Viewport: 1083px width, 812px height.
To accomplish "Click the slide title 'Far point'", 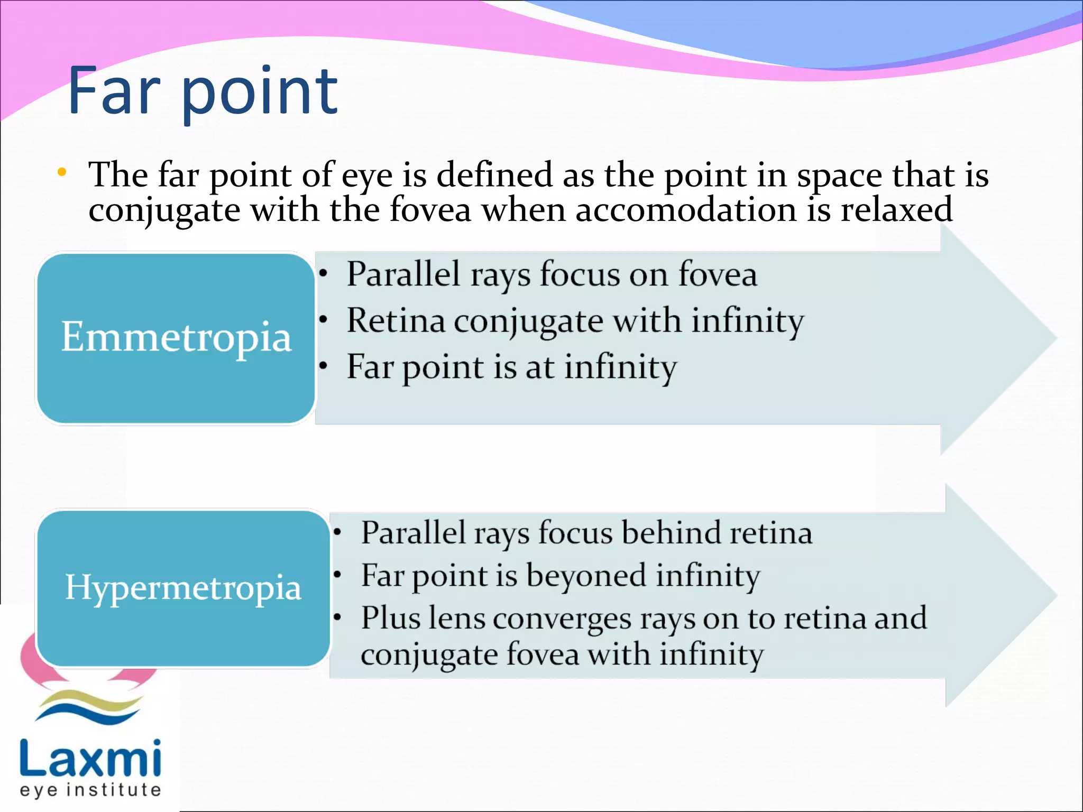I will tap(203, 91).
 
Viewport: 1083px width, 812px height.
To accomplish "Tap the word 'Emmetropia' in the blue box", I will tap(176, 337).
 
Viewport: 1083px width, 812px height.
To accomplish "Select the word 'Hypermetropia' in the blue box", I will tap(183, 587).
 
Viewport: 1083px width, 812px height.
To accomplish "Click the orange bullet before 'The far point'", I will tap(62, 172).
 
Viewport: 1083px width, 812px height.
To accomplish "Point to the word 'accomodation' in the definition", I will tap(686, 210).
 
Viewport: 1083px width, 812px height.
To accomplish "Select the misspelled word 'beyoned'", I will tap(586, 575).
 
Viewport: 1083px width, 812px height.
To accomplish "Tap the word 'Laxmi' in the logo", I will tap(90, 758).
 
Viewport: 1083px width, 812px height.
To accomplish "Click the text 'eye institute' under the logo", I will tap(90, 790).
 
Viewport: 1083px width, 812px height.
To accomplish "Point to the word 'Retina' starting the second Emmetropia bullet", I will tap(396, 321).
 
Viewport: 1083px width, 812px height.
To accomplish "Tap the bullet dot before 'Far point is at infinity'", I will tap(324, 366).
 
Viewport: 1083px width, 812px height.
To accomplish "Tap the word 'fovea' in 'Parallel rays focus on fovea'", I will tap(718, 275).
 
